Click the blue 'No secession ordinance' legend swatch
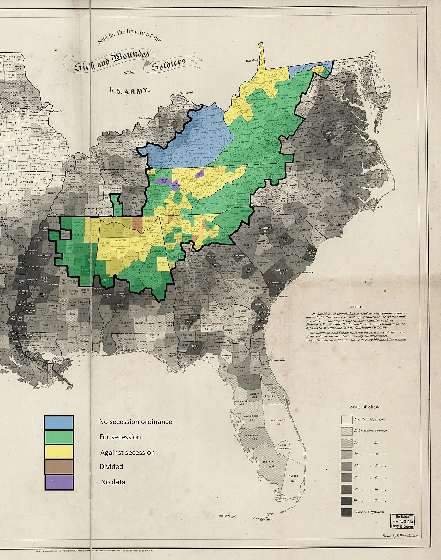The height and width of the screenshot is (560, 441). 59,423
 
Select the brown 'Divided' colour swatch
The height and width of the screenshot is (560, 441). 59,466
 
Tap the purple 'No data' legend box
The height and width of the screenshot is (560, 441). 59,482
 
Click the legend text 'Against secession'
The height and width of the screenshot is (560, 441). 127,453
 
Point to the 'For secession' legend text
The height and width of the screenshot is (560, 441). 120,437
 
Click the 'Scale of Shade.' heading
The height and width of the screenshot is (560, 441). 366,407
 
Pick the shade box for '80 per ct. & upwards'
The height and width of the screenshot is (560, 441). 347,512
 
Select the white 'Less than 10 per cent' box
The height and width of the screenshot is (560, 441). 347,420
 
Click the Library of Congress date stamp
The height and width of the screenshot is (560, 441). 402,521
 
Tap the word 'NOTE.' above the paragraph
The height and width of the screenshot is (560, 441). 357,307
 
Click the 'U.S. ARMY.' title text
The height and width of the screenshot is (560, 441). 129,91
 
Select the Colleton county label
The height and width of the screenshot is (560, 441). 281,271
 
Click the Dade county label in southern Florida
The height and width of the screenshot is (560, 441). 294,476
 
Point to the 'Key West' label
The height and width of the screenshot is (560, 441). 266,520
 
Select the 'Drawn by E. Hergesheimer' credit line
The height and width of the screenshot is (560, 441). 400,536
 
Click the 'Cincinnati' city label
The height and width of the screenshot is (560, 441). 186,93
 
